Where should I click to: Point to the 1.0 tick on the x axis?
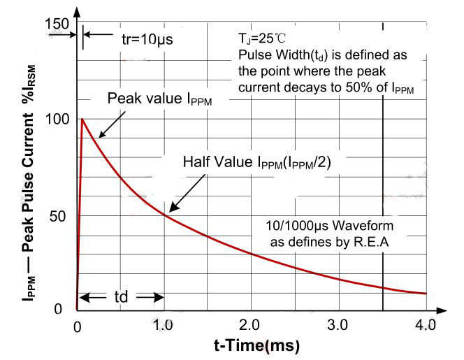[x=164, y=325]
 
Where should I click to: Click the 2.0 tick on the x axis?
[x=251, y=325]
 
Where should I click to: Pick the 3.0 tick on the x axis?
[x=338, y=325]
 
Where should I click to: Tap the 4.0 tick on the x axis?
[x=425, y=325]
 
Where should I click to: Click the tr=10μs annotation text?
[x=147, y=38]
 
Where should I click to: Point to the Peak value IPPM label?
[x=159, y=99]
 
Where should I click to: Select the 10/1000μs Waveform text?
[x=330, y=226]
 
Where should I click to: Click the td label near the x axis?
[x=120, y=296]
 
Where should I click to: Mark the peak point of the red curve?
[x=82, y=119]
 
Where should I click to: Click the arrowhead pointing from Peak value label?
[x=99, y=136]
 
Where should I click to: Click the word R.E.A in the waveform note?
[x=374, y=242]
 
